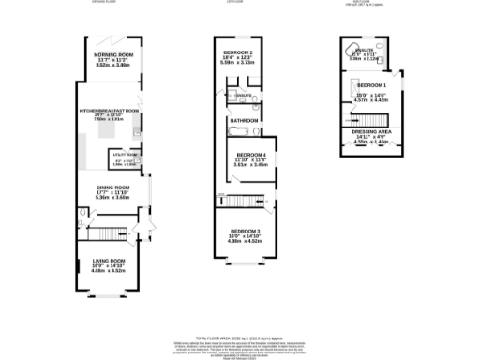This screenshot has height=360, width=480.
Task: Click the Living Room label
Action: [x=109, y=260]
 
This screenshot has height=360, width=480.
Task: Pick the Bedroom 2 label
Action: [x=238, y=52]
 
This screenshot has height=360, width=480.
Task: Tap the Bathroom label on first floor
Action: [x=241, y=119]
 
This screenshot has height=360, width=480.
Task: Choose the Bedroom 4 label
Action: [x=250, y=154]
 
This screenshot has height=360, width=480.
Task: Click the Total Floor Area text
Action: [x=239, y=334]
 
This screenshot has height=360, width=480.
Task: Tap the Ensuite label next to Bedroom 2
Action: [x=243, y=95]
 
